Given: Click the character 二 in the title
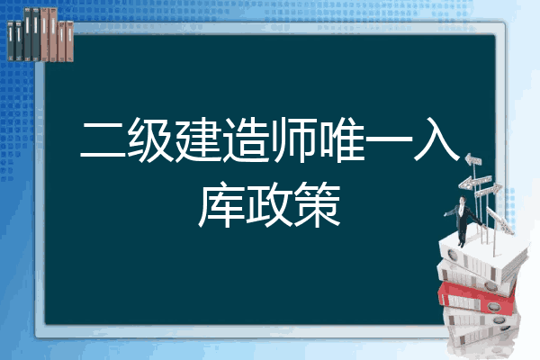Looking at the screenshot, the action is [103, 139].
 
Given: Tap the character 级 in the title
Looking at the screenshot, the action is [151, 139].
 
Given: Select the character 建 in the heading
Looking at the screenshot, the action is [199, 139].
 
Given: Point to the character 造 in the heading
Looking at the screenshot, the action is [247, 139].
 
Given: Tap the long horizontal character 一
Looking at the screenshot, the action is [389, 139].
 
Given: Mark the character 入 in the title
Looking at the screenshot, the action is [436, 139].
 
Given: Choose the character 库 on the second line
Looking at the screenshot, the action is [221, 205].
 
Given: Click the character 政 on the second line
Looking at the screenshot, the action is [269, 205].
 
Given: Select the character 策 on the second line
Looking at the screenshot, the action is [317, 205].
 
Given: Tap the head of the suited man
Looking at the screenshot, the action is [463, 200].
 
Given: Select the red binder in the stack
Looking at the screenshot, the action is [477, 297].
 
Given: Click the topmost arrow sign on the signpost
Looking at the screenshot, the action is [473, 159].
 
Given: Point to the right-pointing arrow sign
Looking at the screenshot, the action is [488, 191].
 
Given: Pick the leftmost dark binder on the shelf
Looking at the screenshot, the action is [11, 40].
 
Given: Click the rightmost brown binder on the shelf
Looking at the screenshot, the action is [69, 41].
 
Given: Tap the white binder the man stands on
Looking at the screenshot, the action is [482, 259].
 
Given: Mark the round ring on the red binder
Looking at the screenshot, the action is [492, 306].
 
